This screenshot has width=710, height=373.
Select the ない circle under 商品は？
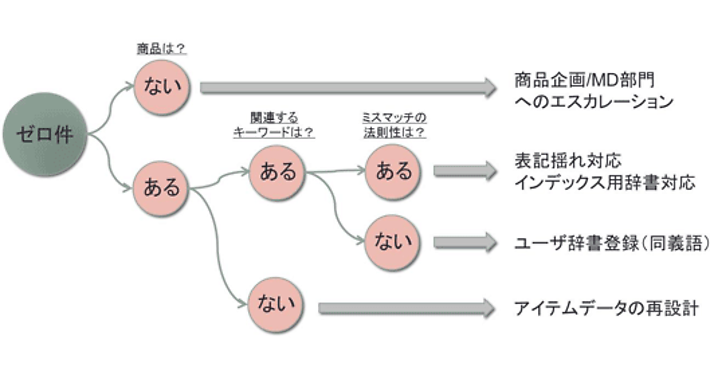coord(162,88)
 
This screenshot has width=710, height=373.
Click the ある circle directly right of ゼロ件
coord(162,188)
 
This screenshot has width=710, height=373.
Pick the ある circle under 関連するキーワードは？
coord(277,172)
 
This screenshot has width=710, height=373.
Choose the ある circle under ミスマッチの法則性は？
coord(393,172)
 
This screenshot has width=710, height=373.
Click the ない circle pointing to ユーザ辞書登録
coord(393,242)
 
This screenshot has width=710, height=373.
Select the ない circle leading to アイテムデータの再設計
coord(277,305)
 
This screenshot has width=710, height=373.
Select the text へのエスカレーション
coord(593,102)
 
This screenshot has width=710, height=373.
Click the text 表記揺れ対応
coord(567,161)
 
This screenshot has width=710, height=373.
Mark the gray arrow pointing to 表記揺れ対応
coord(464,171)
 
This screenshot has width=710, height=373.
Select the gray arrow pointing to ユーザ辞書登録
coord(464,242)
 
